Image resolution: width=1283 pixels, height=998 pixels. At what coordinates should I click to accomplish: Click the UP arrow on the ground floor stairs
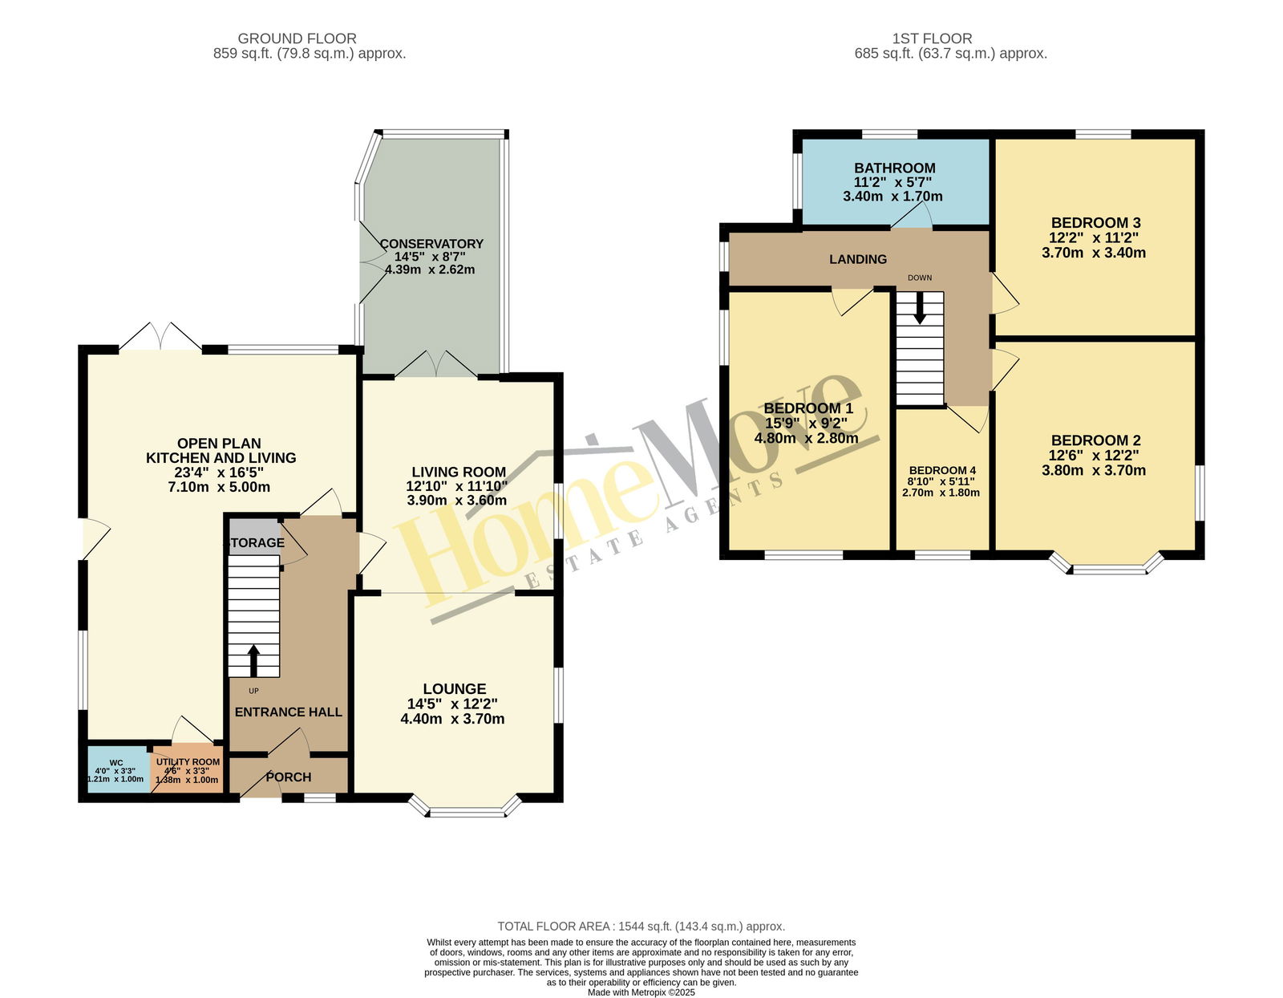(x=254, y=661)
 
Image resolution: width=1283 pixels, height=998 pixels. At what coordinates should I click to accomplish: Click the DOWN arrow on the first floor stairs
(x=919, y=308)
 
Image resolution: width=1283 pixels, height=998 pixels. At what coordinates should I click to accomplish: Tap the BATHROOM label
(x=895, y=168)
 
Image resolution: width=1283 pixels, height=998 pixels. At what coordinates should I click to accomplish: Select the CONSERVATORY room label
(x=431, y=243)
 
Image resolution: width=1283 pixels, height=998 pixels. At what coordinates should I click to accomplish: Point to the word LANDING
(x=858, y=259)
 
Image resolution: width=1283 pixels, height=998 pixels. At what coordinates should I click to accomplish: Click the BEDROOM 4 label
(x=942, y=470)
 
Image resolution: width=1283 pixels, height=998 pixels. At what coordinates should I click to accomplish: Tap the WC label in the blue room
(x=116, y=763)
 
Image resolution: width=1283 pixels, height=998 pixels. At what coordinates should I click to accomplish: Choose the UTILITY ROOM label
(x=188, y=762)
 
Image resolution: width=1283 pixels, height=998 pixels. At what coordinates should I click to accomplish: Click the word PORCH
(x=289, y=777)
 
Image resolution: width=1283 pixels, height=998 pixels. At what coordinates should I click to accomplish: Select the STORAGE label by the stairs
(x=254, y=542)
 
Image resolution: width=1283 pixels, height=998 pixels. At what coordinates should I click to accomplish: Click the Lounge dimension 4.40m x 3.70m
(x=453, y=719)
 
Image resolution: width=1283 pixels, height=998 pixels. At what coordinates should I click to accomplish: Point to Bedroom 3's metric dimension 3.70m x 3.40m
(x=1094, y=253)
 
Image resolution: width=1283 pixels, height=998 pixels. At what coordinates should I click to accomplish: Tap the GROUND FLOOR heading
(x=297, y=39)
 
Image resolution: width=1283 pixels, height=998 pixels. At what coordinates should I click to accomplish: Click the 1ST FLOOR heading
(x=932, y=39)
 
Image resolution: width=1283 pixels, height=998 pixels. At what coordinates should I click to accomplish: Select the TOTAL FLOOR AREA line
(x=641, y=927)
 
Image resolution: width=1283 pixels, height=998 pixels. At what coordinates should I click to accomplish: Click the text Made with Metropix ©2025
(x=641, y=992)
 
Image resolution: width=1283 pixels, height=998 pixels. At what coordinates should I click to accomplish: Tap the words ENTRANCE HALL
(x=289, y=712)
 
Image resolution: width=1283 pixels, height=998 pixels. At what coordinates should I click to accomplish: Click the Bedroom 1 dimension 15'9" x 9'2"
(x=806, y=424)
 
